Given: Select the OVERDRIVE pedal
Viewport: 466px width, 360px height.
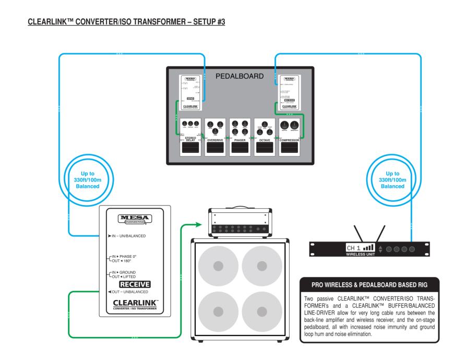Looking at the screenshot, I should (215, 137).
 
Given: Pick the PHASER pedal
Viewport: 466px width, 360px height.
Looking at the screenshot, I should (240, 137).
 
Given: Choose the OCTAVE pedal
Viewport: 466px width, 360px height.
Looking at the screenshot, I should (266, 137).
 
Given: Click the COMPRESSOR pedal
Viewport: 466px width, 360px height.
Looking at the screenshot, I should (291, 137).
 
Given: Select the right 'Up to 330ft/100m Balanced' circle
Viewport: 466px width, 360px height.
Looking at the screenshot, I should (393, 178).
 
